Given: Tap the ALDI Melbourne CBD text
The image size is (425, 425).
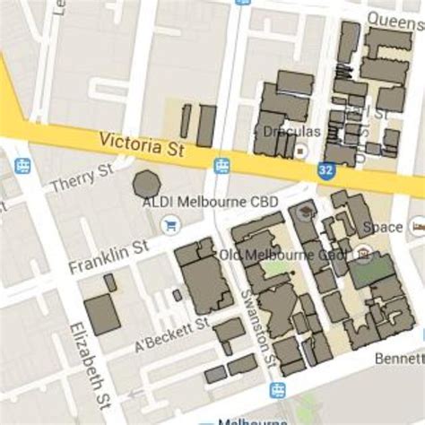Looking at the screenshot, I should point(211,203).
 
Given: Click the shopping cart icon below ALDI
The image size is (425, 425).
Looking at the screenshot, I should point(168,224).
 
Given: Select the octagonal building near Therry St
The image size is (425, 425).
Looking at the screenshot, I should point(145,184).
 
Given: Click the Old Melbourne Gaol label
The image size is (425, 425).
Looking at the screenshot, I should point(282,255).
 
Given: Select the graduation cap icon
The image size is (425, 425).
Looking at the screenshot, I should point(306,212).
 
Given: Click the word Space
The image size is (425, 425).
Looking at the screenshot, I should point(387,227).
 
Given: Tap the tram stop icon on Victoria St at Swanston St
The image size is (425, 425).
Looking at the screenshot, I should point(221,165).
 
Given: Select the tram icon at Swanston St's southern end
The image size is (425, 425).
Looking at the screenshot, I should point(277,390).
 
